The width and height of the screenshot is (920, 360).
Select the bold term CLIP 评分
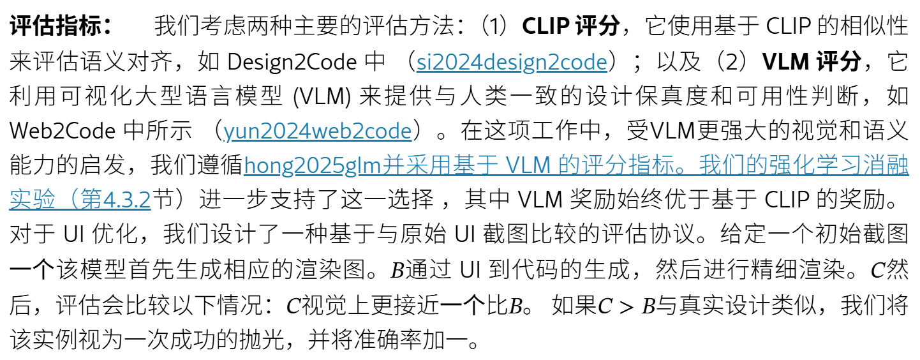570,26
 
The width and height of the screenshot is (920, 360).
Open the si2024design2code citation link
512,62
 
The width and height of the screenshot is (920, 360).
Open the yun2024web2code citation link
317,131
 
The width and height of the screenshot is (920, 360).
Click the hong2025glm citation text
313,165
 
